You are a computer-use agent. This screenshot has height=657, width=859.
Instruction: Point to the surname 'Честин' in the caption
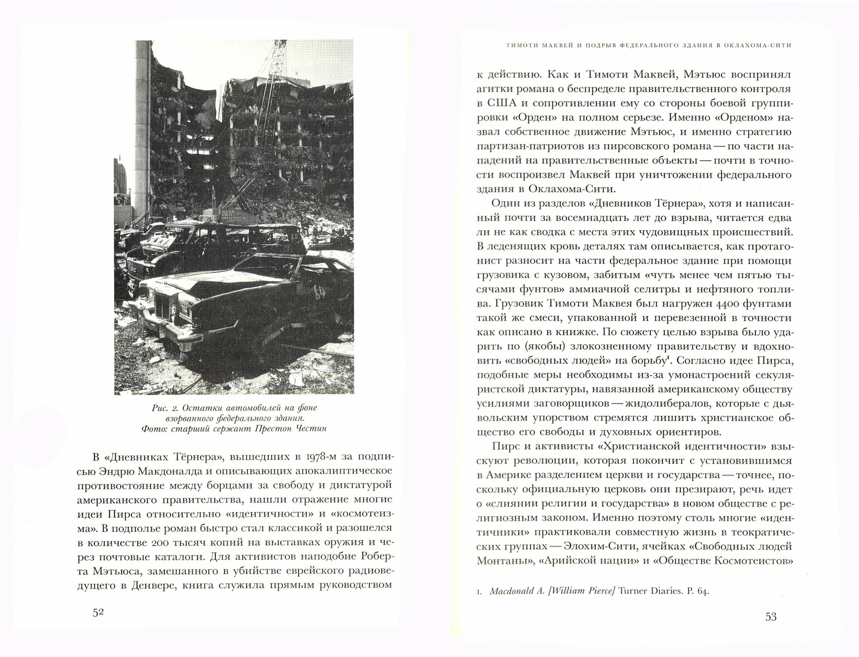(311, 429)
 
